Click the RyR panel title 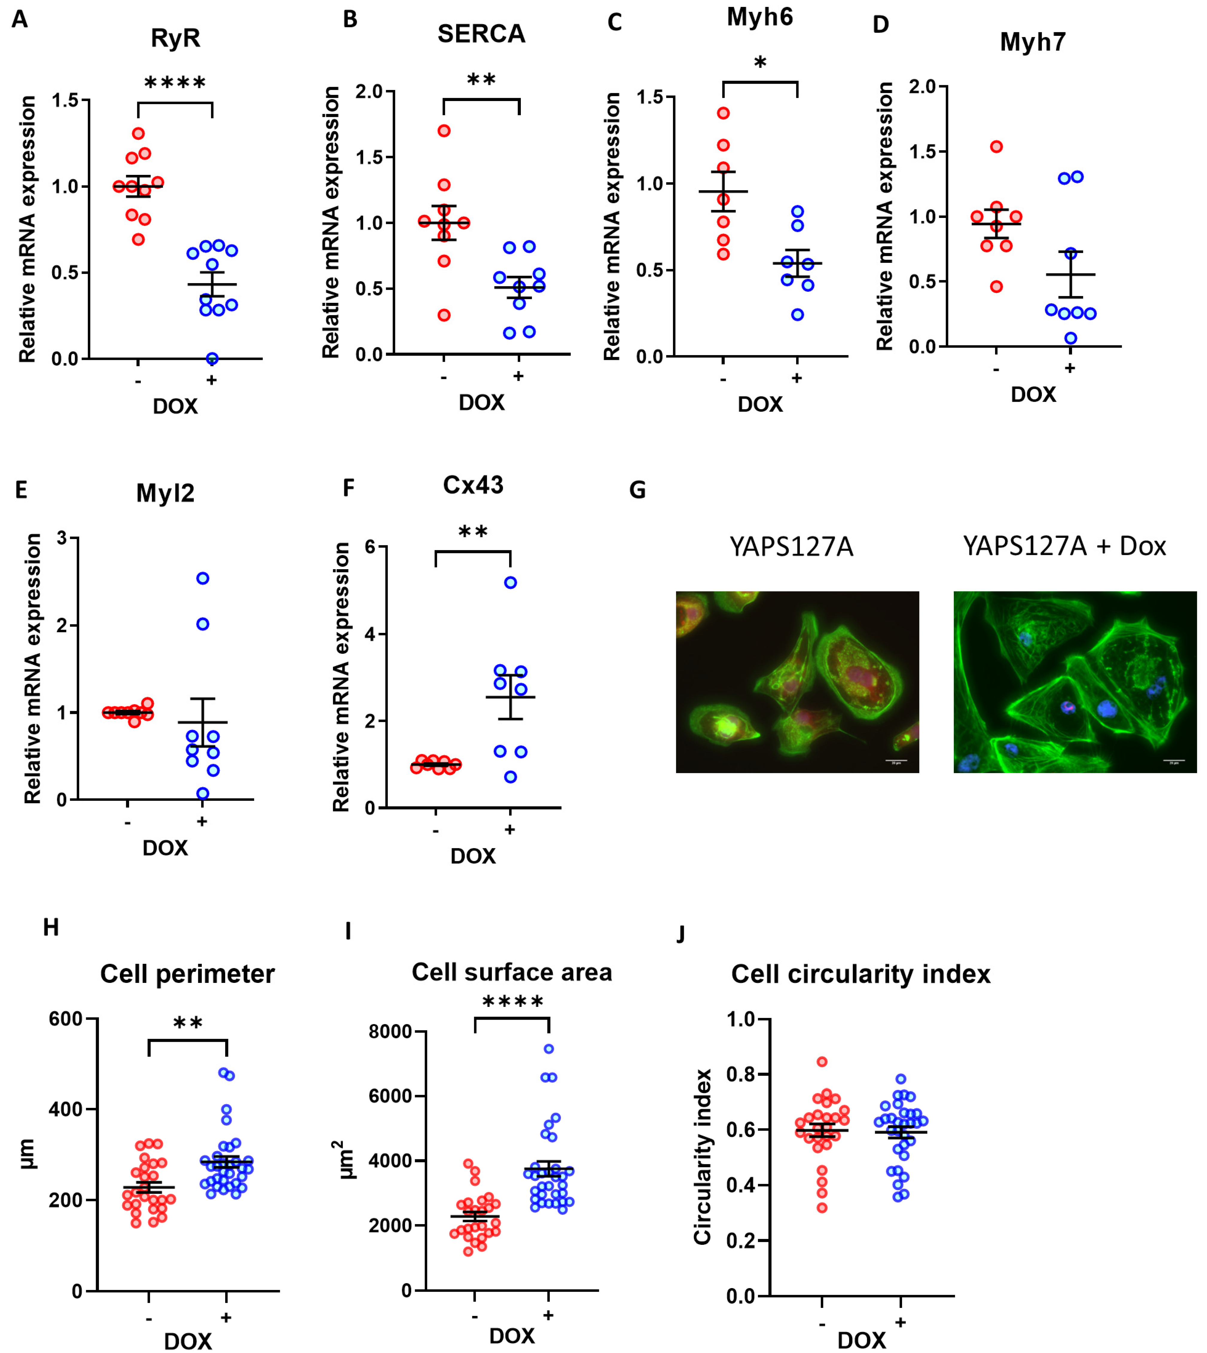[175, 38]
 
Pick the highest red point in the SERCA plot [444, 131]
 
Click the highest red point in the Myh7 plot [996, 146]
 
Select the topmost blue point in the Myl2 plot [203, 578]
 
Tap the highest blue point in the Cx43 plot [510, 583]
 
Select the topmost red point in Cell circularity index [822, 1061]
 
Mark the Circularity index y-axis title [702, 1157]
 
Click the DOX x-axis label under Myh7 [1033, 394]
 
